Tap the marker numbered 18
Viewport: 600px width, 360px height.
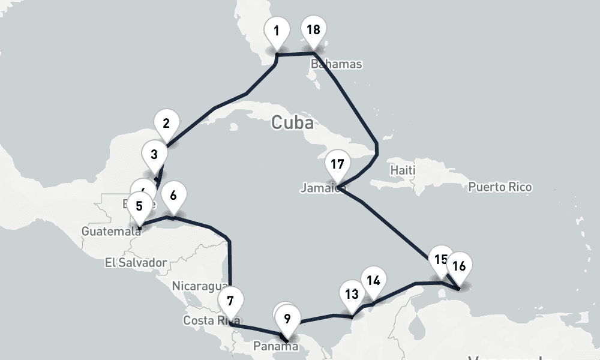(x=313, y=30)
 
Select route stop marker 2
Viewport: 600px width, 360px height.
(x=166, y=124)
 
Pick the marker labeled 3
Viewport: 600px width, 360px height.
(x=154, y=155)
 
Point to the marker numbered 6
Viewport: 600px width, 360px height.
(x=173, y=196)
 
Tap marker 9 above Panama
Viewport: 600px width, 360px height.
(x=288, y=319)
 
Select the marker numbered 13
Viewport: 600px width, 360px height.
(x=352, y=295)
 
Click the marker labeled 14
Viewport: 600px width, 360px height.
(x=373, y=281)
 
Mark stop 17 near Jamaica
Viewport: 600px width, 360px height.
(x=337, y=164)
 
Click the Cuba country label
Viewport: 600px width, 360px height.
(x=292, y=123)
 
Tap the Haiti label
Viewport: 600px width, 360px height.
(x=403, y=170)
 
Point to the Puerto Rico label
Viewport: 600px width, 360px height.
(x=500, y=187)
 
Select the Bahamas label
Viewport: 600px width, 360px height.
(x=337, y=64)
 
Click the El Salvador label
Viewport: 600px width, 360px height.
(x=135, y=262)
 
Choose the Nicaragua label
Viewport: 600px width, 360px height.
(x=199, y=286)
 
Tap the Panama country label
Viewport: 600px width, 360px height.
(x=275, y=346)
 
